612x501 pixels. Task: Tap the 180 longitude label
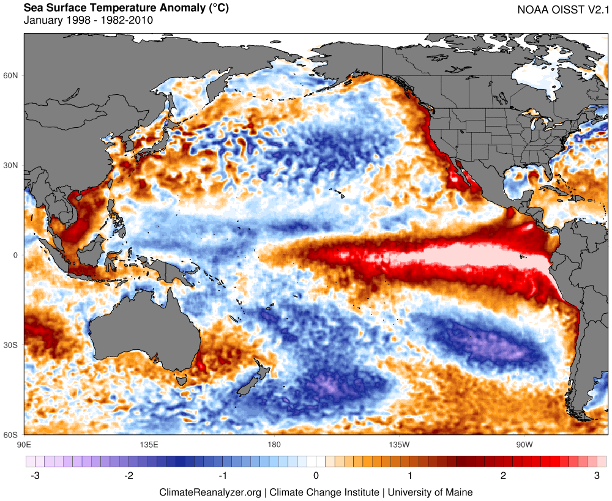274,443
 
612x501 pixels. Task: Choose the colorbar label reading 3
597,475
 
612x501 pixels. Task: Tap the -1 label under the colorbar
223,475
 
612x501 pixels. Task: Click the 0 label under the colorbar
316,475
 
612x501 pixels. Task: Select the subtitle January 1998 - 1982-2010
88,20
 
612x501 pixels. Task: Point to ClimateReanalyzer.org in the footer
210,492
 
